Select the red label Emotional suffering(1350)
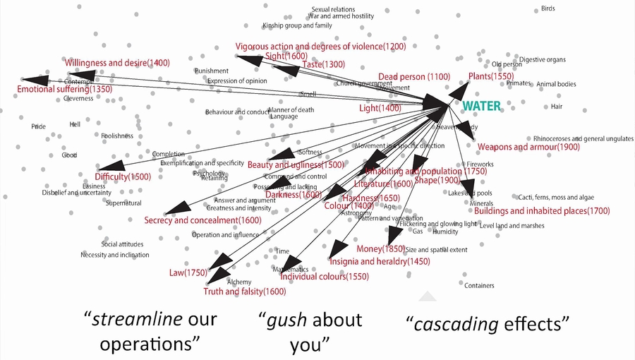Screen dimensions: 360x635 (x=64, y=90)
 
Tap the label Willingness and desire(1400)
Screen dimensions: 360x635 (x=117, y=63)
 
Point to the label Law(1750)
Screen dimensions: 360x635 (x=187, y=272)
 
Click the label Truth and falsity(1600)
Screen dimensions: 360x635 (x=244, y=292)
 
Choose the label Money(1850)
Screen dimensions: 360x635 (x=380, y=249)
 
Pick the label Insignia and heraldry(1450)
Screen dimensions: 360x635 (x=369, y=262)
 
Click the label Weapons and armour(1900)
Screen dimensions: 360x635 (x=528, y=148)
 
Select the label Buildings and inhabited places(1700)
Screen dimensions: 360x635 (x=541, y=211)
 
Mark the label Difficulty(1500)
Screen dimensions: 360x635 (x=123, y=176)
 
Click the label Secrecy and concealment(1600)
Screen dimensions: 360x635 (x=202, y=220)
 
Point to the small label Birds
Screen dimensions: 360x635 (x=548, y=8)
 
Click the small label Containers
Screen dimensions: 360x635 (x=479, y=286)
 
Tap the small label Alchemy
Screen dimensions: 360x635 (x=239, y=282)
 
